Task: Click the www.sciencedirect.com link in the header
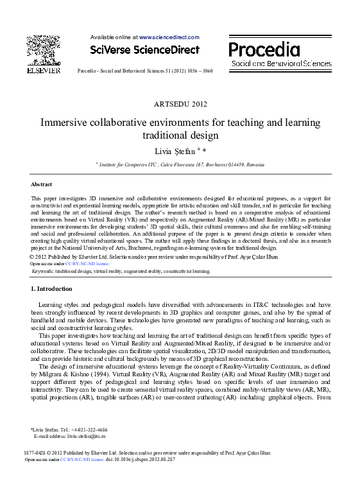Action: [164, 38]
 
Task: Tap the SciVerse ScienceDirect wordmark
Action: [144, 50]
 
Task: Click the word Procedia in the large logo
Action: [264, 49]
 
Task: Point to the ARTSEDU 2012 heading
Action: [180, 104]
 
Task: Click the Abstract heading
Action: [41, 184]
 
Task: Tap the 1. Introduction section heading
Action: [51, 290]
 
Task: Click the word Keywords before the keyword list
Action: [42, 272]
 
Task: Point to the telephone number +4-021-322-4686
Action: [85, 430]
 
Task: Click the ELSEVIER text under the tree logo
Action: [43, 69]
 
